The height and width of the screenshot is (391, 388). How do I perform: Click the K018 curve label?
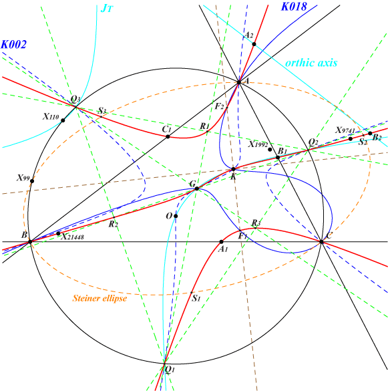pos(294,7)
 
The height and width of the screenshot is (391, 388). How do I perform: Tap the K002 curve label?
pos(14,45)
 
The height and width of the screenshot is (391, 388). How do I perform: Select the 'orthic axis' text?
pos(311,63)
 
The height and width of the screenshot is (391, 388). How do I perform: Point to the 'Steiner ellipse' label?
pos(100,298)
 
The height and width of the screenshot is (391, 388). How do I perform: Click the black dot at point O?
pos(176,216)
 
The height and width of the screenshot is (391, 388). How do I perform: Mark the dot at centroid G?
pos(196,188)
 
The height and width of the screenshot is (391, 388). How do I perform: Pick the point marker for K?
pos(234,169)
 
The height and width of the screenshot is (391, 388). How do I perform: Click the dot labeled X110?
pos(63,120)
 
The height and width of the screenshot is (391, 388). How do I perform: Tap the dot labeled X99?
pos(32,181)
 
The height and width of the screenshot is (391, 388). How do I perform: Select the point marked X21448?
pos(58,234)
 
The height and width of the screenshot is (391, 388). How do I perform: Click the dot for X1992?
pos(270,150)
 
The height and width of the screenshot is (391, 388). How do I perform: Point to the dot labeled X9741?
pos(351,138)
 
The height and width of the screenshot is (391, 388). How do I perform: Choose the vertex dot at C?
pos(321,242)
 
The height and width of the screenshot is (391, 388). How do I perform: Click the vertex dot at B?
pos(31,242)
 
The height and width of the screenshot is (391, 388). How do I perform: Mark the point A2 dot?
pos(254,44)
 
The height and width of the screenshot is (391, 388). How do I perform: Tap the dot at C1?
pos(168,136)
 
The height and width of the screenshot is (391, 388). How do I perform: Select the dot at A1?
pos(221,242)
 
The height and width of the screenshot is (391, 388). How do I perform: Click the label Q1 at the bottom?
pos(170,370)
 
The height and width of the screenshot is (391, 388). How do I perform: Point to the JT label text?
pos(107,9)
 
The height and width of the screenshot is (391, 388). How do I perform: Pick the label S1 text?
pos(196,298)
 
